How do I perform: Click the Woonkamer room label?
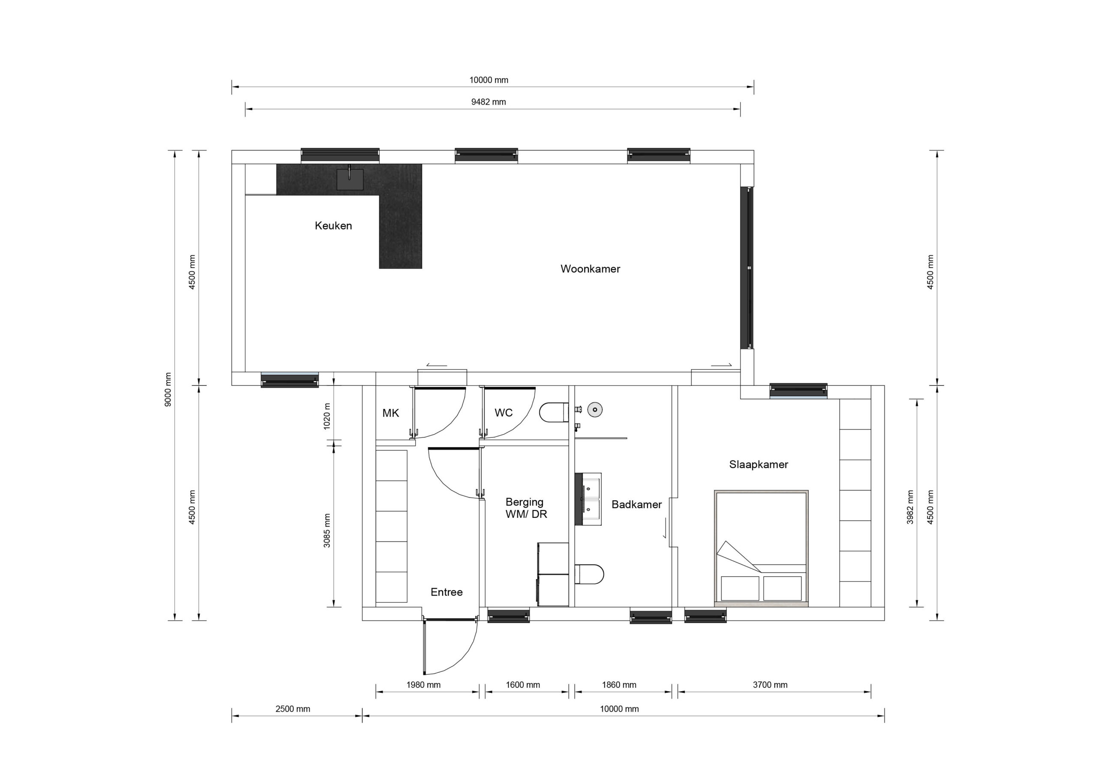(x=590, y=269)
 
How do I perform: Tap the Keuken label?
(x=333, y=226)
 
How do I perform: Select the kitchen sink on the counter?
(x=350, y=179)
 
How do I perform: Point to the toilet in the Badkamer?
(x=589, y=574)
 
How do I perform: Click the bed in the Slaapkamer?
(x=761, y=548)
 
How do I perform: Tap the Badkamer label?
(x=636, y=505)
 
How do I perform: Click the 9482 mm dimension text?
(x=489, y=102)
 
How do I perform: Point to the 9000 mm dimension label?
(x=168, y=389)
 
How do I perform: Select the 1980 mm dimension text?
(x=423, y=685)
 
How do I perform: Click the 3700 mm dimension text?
(x=770, y=685)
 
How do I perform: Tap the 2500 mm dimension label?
(x=292, y=709)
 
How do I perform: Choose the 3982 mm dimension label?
(x=910, y=507)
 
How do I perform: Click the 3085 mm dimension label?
(x=327, y=530)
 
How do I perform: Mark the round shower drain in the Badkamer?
(x=595, y=410)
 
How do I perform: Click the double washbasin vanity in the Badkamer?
(x=587, y=499)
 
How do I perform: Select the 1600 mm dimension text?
(x=523, y=685)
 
